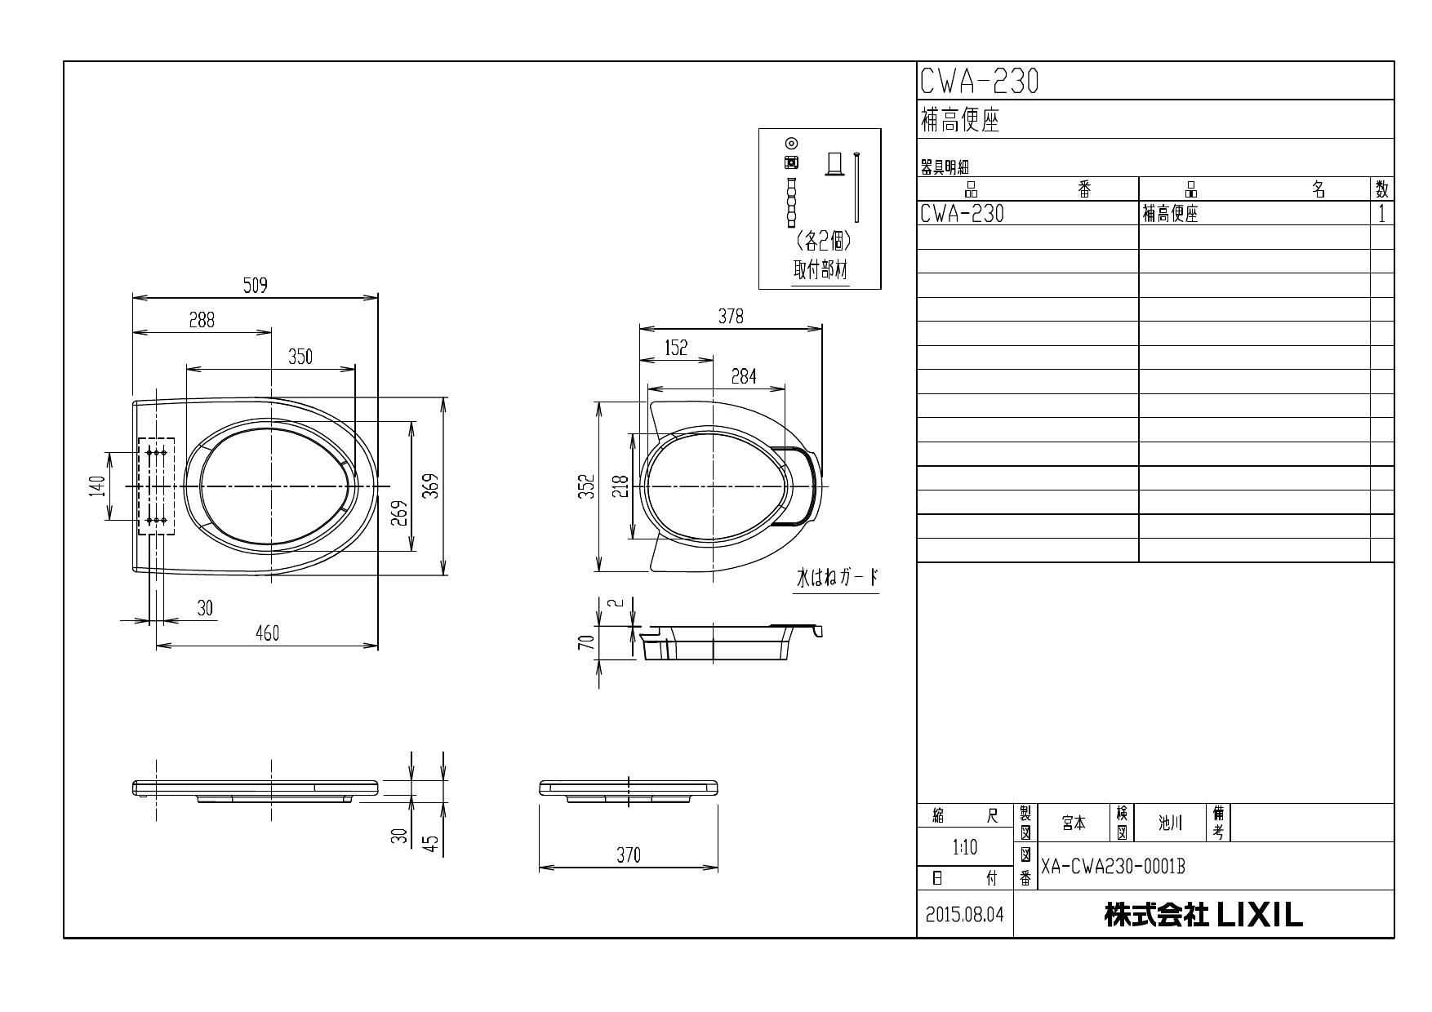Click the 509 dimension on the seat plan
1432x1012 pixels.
[256, 286]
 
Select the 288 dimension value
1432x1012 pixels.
[202, 321]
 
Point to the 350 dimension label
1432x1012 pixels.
[300, 357]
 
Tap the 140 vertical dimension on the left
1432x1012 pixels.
[98, 486]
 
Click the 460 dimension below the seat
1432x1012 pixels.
[267, 633]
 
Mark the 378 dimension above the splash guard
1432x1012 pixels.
[731, 317]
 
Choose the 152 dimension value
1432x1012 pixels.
[676, 348]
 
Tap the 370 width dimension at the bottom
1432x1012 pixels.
[628, 854]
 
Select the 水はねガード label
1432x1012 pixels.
[837, 578]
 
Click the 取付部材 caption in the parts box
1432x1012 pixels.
[821, 270]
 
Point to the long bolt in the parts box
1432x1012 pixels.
[856, 187]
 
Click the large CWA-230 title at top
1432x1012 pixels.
[979, 81]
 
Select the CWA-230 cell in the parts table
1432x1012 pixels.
[962, 214]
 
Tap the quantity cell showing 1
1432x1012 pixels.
[1381, 214]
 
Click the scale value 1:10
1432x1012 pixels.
[964, 847]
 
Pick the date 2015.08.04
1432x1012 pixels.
[964, 915]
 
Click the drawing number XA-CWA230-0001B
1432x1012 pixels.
[1113, 867]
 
